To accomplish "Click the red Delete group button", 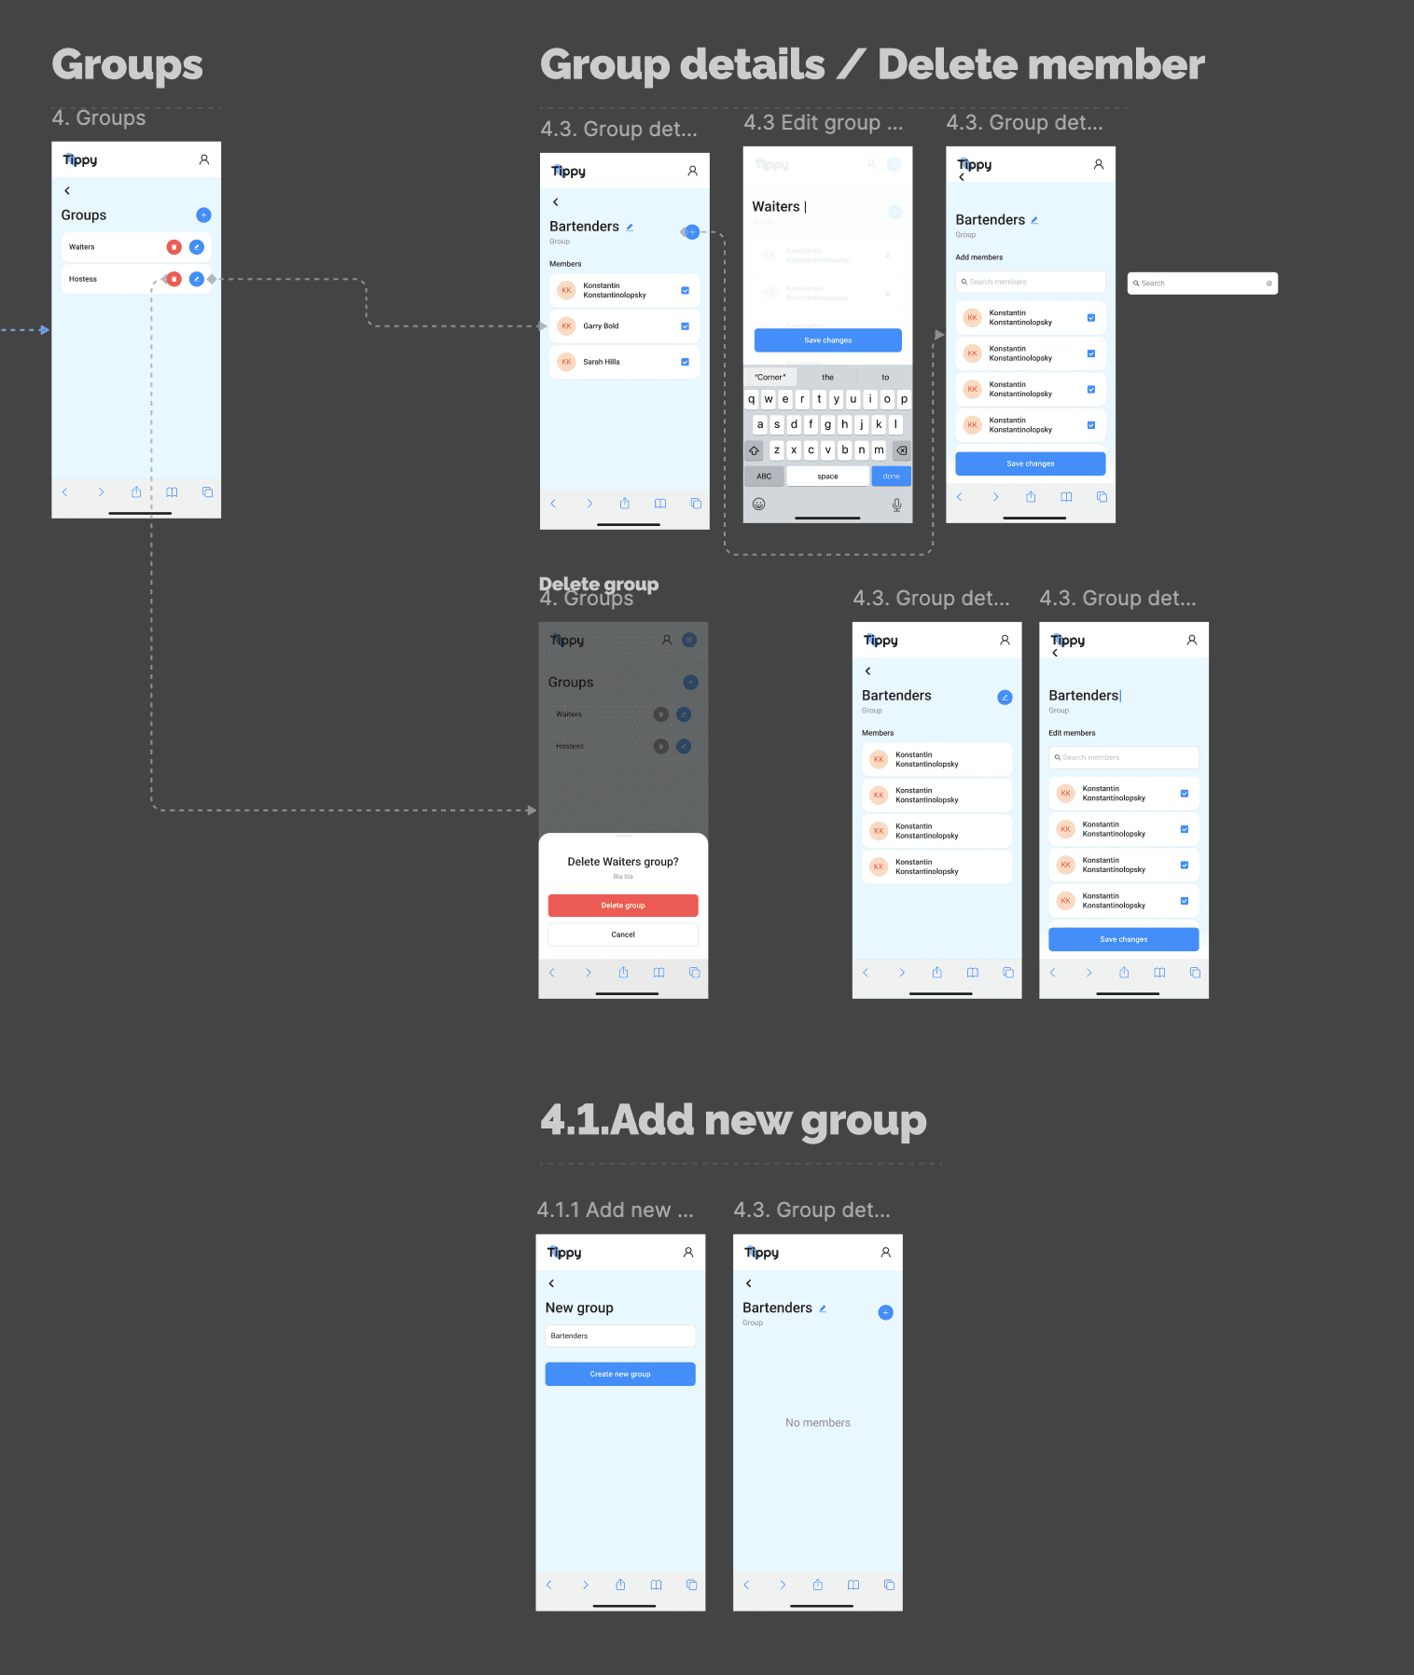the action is coord(623,906).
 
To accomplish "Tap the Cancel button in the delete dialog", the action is coord(623,934).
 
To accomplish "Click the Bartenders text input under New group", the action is coord(620,1336).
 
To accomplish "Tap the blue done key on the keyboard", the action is coord(891,477).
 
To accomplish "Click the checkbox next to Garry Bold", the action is coord(685,326).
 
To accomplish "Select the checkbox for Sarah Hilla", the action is coord(685,362).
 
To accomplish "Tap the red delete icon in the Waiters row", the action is coord(173,247).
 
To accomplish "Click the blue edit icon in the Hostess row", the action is coord(197,279).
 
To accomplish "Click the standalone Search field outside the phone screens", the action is coord(1202,284).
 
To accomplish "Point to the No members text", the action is coord(818,1423).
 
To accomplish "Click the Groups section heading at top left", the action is coord(127,65).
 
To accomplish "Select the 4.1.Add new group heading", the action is coord(733,1120).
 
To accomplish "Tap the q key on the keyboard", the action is coord(752,399).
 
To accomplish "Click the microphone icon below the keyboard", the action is coord(896,505).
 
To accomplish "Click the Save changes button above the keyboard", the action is coord(827,340).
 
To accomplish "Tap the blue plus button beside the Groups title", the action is coord(203,215).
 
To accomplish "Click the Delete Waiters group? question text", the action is coord(623,862).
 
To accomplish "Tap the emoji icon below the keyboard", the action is coord(759,505).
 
